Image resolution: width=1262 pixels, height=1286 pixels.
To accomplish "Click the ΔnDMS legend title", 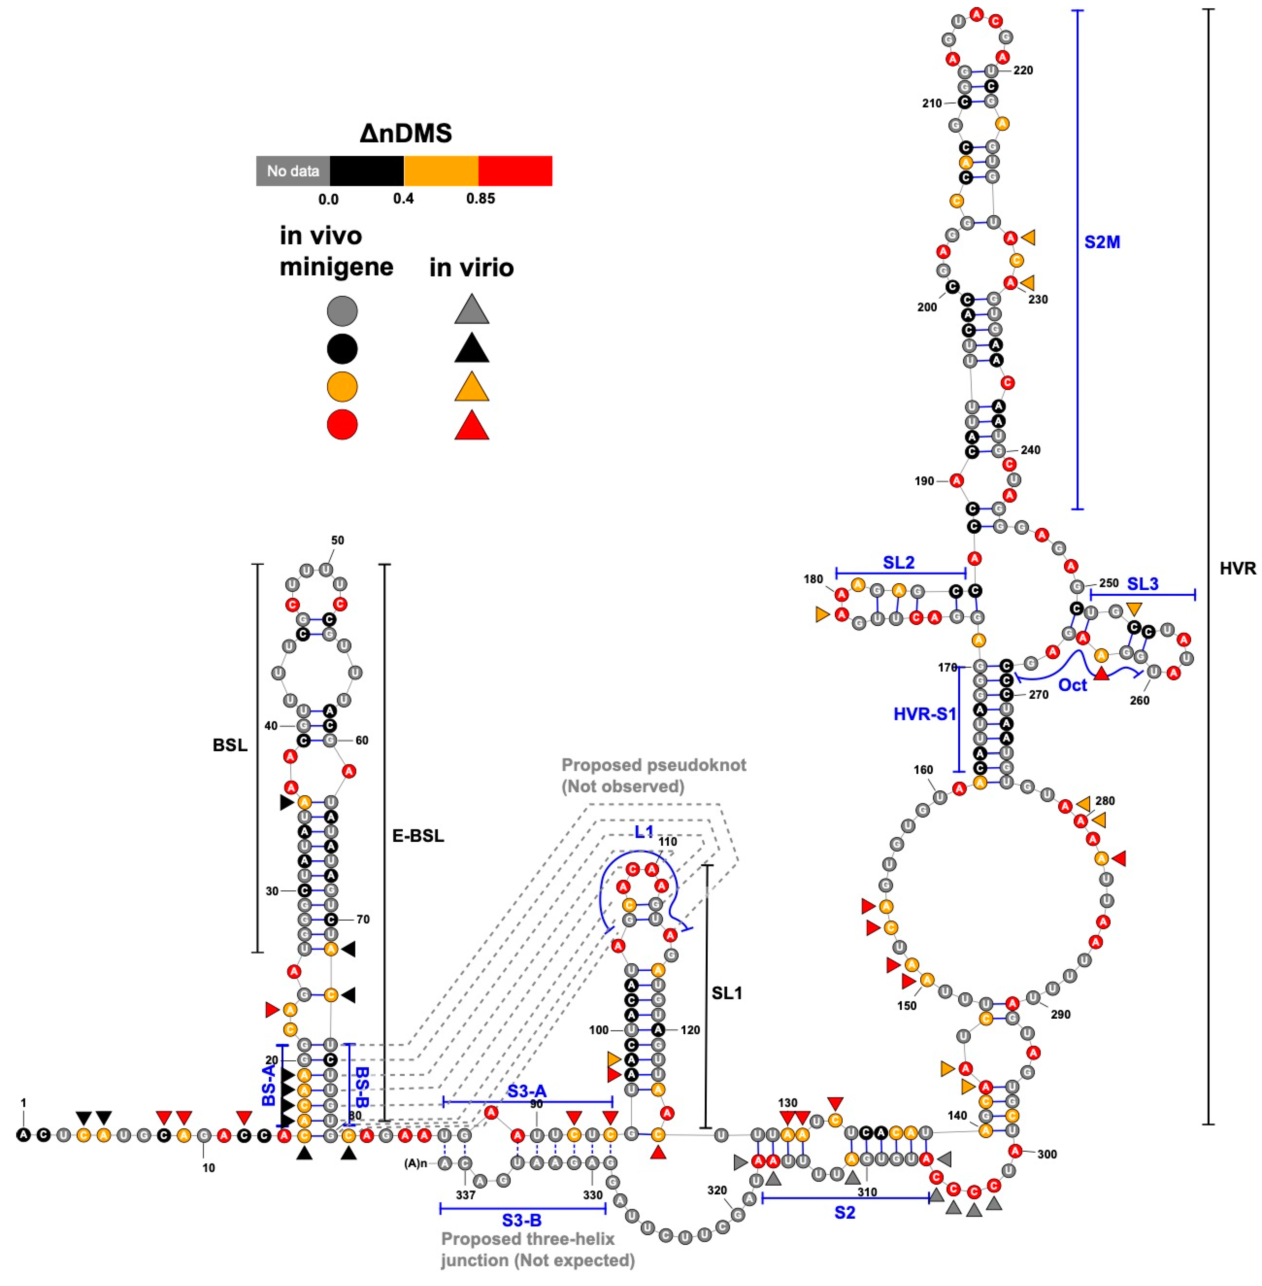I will tap(406, 134).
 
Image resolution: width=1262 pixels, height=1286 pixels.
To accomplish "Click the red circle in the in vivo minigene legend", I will tap(342, 424).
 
